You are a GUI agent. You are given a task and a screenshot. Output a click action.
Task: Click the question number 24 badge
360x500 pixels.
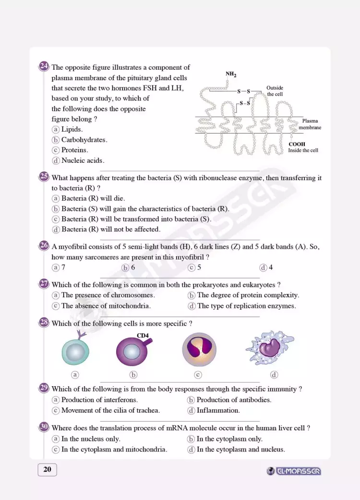tap(44, 67)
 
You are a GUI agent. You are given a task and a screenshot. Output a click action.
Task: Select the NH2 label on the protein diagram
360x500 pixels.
tap(231, 74)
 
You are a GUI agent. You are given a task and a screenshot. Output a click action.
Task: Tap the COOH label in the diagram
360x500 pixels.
tap(297, 144)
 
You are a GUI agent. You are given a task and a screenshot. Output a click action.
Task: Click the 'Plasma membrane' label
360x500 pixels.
tap(310, 124)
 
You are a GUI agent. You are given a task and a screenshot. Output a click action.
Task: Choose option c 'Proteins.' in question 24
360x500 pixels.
tap(74, 150)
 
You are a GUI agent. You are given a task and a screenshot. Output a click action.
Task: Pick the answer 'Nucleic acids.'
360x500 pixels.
tap(83, 160)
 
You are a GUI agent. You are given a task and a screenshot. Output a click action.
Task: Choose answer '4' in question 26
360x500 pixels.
tap(271, 268)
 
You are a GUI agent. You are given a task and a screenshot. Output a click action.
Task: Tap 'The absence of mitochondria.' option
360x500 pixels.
tap(106, 305)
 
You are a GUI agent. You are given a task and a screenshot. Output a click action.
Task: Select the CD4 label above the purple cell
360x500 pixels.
tap(143, 335)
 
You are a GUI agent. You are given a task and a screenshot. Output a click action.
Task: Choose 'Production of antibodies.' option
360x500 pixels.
tap(234, 400)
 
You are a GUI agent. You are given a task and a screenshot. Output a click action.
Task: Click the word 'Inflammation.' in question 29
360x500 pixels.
tap(218, 410)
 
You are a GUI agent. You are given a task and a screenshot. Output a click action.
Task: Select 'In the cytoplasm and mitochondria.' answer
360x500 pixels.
tap(114, 450)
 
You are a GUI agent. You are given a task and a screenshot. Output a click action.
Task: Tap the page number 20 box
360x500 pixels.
tap(47, 470)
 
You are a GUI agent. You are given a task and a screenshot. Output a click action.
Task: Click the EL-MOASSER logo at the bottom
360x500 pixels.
tap(294, 471)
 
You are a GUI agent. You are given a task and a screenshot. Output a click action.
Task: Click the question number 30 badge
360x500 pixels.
tap(44, 427)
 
